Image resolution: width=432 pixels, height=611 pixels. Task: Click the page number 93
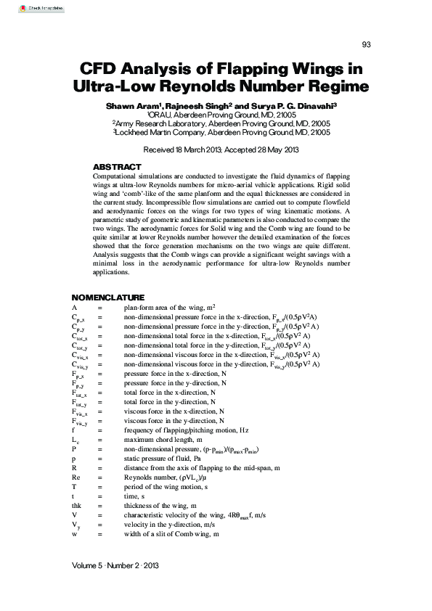[x=366, y=44]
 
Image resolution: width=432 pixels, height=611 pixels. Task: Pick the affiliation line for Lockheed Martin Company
[x=221, y=133]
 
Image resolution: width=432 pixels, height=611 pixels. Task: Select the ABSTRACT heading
[x=117, y=167]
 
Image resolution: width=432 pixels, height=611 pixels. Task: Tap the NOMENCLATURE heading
[x=107, y=298]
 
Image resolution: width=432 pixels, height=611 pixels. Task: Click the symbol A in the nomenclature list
[x=74, y=308]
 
